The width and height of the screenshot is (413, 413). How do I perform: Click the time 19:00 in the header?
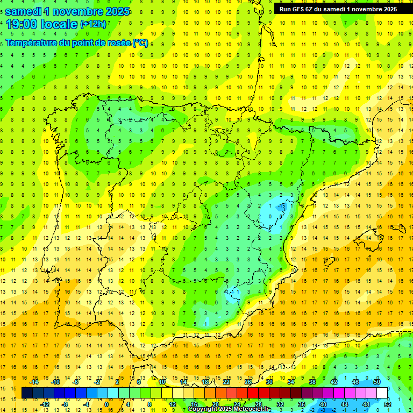[20, 24]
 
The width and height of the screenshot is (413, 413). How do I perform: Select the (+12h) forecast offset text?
[92, 24]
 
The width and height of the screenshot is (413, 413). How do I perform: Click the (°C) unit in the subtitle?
[140, 42]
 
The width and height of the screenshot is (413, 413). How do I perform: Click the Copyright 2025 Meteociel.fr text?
[229, 409]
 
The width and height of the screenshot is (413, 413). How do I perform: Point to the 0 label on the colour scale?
[106, 404]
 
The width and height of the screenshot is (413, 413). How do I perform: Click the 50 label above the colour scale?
[377, 382]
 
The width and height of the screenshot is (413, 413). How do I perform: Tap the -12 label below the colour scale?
[45, 404]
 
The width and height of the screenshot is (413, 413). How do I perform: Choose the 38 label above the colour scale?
[312, 382]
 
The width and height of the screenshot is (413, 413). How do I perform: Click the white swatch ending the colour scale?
[382, 393]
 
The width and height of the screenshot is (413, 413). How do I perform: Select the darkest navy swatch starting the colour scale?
[27, 393]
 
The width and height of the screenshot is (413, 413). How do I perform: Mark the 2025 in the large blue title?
[117, 11]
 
